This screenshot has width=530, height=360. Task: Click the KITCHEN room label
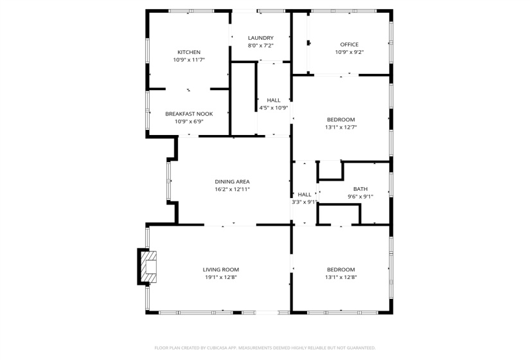pos(189,52)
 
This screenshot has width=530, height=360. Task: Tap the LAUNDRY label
pos(261,38)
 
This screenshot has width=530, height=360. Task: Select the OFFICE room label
pos(349,44)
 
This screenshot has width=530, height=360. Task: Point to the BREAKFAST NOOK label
pos(189,114)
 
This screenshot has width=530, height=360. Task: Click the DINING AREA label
pos(232,182)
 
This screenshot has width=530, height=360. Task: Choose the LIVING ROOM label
pos(221,269)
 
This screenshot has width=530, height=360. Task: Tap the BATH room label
pos(360,189)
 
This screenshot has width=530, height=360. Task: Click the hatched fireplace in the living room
pos(149,267)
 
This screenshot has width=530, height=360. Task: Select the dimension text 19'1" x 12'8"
pos(221,278)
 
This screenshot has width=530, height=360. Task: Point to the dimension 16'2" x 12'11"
pos(232,190)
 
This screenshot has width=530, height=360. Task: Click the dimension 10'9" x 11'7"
pos(189,60)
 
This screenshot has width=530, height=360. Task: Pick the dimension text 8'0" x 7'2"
pos(261,46)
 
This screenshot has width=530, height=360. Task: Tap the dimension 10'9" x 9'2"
pos(349,52)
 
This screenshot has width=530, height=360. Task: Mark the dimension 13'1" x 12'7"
pos(340,127)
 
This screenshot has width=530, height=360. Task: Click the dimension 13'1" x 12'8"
pos(340,278)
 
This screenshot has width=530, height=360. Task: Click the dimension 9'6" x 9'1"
pos(360,197)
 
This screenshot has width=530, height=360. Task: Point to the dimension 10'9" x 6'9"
pos(189,122)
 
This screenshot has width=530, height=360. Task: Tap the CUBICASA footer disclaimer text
pos(265,348)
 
